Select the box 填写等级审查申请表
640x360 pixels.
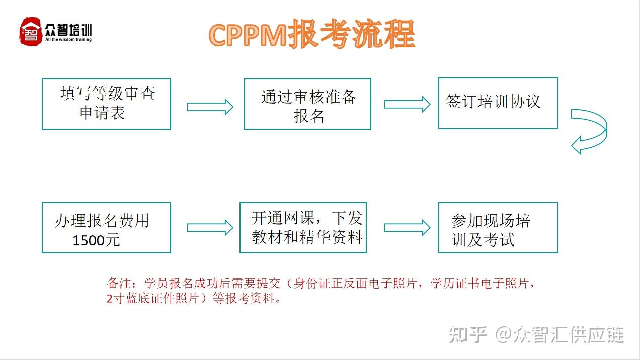106,104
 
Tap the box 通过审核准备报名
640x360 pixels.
307,104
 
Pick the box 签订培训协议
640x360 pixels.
498,103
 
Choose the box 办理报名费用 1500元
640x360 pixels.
106,228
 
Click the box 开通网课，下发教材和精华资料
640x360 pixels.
303,228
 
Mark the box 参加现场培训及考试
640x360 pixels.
498,228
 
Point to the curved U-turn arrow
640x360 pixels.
590,131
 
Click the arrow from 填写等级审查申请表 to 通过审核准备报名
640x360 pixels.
210,107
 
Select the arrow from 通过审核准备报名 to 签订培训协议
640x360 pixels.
407,104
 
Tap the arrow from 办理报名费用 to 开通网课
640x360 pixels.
210,228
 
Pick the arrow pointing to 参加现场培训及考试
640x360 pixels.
407,228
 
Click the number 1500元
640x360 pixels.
96,240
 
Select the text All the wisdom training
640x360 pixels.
68,39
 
